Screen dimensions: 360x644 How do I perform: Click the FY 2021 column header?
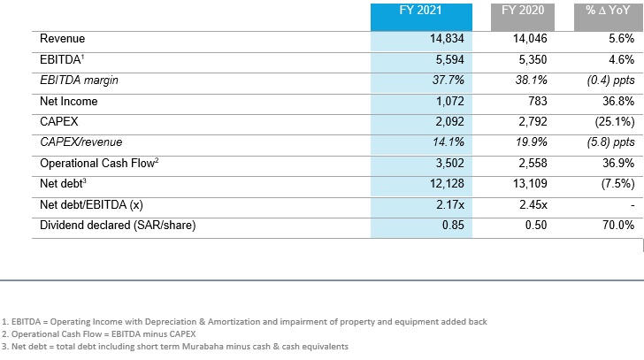point(420,12)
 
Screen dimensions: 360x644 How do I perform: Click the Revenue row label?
point(63,40)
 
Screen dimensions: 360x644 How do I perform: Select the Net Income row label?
point(69,102)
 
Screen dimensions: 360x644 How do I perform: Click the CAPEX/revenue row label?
point(81,142)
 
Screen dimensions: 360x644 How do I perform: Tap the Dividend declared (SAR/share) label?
point(117,226)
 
